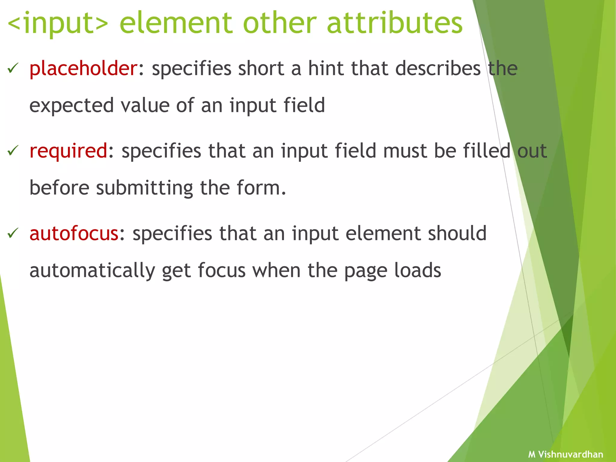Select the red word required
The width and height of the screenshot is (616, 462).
tap(68, 151)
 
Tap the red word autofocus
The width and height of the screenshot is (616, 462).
tap(74, 233)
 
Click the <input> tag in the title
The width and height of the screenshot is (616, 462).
tap(57, 23)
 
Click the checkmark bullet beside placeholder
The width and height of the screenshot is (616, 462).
tap(13, 68)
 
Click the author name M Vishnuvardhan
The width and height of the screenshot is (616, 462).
tap(565, 454)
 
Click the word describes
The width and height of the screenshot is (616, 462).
tap(438, 69)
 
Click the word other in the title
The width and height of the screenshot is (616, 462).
tap(280, 23)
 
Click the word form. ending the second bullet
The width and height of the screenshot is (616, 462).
tap(261, 188)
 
